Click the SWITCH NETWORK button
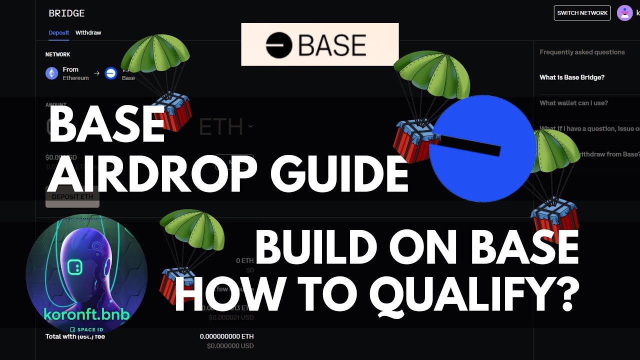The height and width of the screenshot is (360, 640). [582, 13]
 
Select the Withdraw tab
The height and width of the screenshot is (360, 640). [88, 32]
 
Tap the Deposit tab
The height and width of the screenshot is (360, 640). [59, 32]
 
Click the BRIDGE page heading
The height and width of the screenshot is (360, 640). [66, 13]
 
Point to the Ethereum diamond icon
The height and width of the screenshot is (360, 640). [51, 73]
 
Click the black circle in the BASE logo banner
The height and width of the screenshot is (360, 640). [278, 45]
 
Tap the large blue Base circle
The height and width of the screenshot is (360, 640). [482, 149]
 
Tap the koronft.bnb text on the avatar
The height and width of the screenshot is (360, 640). [86, 314]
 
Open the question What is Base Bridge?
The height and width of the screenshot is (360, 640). [572, 77]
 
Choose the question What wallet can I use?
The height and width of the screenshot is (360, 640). [573, 103]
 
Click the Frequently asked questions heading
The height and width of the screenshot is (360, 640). [582, 52]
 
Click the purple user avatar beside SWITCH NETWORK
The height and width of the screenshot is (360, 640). [624, 13]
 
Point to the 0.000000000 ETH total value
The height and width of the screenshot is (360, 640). [226, 336]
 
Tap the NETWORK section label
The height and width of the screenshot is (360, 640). [57, 54]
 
